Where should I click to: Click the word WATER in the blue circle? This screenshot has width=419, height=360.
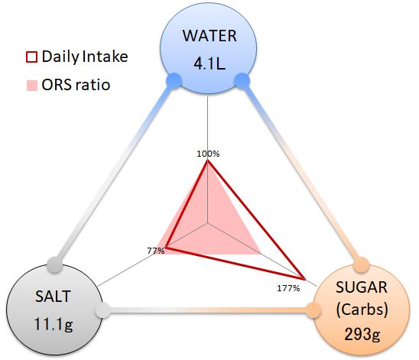[209, 36]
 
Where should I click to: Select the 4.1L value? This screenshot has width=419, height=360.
[209, 64]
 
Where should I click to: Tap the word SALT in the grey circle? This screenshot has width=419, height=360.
[53, 296]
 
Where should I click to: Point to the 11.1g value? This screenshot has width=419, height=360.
[54, 325]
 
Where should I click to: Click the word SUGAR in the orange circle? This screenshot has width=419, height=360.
[362, 287]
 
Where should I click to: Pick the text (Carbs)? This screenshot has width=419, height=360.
[362, 310]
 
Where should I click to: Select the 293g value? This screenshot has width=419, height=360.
[362, 334]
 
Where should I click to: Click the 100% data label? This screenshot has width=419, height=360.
[208, 154]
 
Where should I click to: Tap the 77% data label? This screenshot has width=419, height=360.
[156, 251]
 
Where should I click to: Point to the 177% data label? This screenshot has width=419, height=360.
[288, 288]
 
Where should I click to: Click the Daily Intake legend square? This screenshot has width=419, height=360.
[31, 57]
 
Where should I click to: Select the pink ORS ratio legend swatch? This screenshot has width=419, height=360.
[32, 86]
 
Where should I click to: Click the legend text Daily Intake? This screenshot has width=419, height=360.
[85, 57]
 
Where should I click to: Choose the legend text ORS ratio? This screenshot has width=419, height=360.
[76, 85]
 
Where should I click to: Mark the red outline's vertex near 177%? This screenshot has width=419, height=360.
[304, 279]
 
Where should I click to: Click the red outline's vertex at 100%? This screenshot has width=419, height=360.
[208, 161]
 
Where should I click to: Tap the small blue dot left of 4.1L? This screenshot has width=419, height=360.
[174, 81]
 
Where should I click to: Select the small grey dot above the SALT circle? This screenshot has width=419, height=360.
[55, 264]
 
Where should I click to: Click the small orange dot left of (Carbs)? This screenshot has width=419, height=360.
[313, 310]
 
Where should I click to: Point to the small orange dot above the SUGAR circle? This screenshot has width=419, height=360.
[362, 265]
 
